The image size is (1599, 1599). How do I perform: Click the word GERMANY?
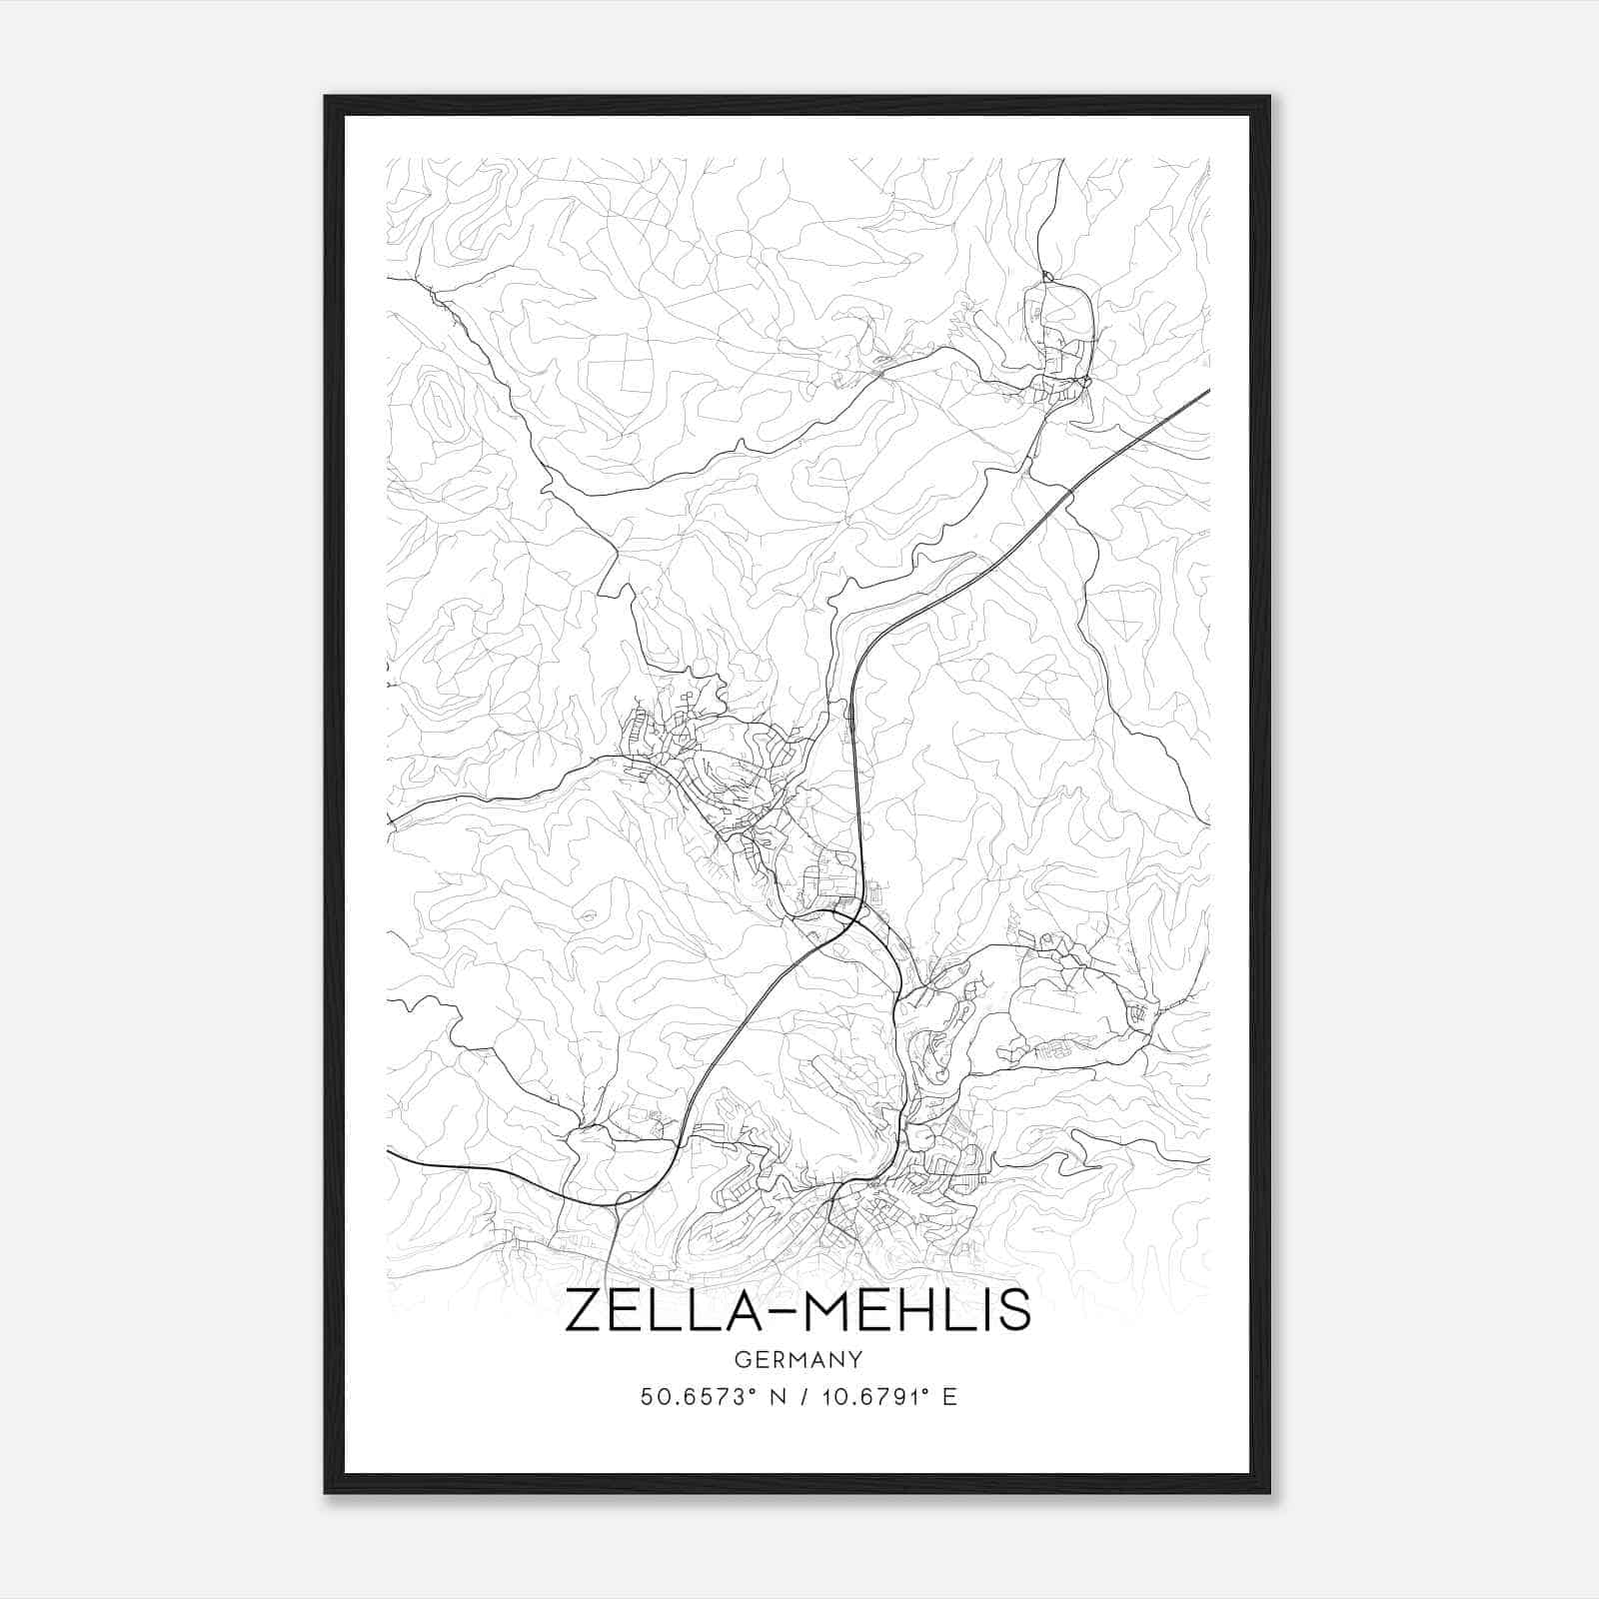(799, 1359)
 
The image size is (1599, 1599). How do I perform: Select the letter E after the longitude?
(949, 1397)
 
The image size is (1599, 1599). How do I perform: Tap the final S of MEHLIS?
(1014, 1310)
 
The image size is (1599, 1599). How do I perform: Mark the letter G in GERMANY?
(741, 1359)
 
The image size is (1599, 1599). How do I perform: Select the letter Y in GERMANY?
(856, 1359)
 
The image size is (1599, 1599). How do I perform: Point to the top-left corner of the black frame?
(326, 97)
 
